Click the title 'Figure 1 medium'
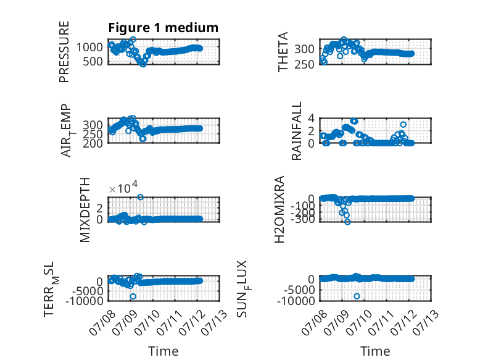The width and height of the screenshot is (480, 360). point(163,28)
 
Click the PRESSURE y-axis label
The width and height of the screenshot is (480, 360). point(64,52)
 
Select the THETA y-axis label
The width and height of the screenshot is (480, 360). point(283,52)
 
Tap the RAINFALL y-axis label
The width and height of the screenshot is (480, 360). point(297,131)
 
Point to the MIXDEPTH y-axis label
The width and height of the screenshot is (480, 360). point(85,210)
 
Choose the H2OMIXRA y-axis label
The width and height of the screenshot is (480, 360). point(279,209)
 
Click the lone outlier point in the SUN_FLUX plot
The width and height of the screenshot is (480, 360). point(357,296)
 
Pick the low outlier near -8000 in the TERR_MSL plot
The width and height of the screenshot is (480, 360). point(133,296)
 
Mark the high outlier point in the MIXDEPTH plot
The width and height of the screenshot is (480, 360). point(140,197)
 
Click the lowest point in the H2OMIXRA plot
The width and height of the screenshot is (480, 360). point(347,222)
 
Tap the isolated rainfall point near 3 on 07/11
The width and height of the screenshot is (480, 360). point(403,124)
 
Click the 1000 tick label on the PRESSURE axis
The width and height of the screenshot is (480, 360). point(89,47)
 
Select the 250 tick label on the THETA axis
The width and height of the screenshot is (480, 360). point(304,64)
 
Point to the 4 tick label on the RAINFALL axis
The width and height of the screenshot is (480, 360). point(312,118)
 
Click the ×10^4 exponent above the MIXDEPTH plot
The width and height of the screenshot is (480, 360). point(123,188)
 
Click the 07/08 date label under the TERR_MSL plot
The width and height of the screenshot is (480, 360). point(103,322)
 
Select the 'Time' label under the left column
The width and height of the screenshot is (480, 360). point(163,351)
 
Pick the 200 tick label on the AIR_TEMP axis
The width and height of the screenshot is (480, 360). point(93,143)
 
